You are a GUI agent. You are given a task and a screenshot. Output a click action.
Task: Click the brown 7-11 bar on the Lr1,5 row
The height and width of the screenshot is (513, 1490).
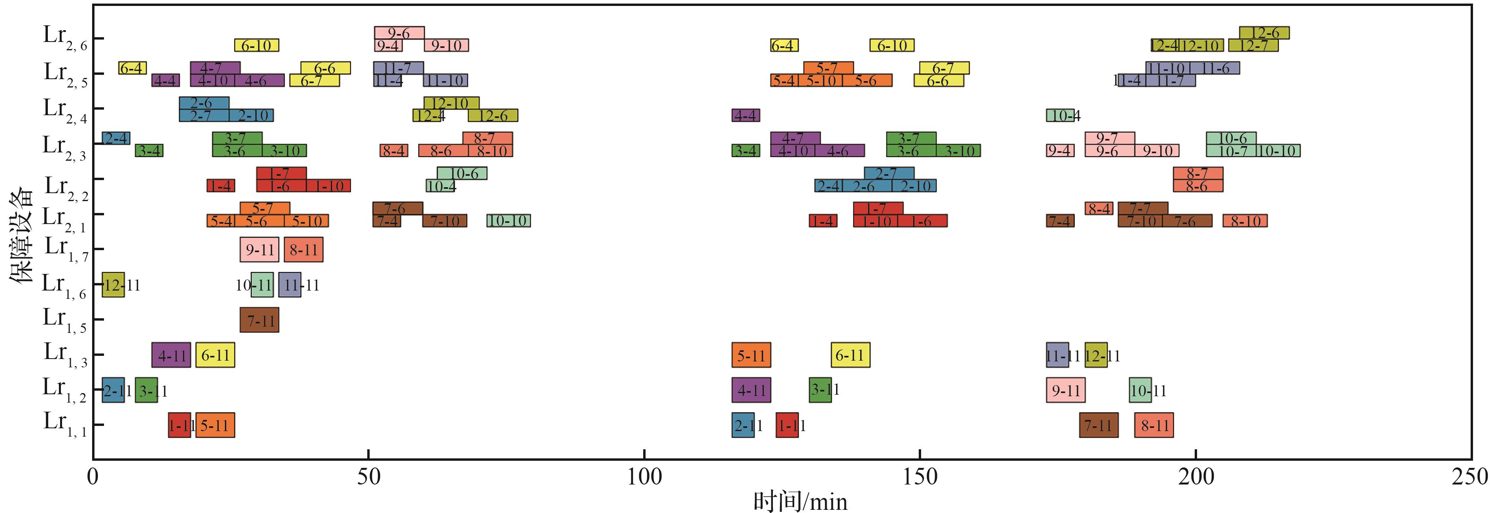[x=259, y=319]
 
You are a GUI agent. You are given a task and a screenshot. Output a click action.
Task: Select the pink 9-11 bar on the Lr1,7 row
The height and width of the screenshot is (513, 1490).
[x=259, y=249]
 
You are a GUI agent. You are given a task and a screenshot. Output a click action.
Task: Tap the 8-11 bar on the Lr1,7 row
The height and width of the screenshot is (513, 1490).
[x=303, y=249]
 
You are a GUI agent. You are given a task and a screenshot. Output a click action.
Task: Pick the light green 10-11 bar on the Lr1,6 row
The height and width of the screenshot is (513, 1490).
[x=262, y=285]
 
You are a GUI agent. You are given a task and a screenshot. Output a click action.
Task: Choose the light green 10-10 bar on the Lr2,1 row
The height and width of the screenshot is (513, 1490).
[x=508, y=220]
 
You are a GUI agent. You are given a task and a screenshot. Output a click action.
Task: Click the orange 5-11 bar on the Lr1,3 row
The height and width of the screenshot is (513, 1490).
[x=751, y=355]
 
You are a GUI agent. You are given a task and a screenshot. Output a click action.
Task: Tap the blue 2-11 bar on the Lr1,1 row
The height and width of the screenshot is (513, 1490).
[x=743, y=425]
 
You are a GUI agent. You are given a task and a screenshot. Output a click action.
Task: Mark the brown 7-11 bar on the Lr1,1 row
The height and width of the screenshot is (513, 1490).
[x=1098, y=425]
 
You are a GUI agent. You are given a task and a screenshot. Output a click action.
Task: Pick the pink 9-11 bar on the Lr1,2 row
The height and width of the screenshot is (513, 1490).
[x=1065, y=390]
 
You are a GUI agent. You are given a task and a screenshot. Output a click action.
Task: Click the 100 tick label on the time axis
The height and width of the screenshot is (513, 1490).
[x=644, y=477]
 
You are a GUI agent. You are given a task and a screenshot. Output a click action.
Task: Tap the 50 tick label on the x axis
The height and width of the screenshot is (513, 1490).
[x=368, y=477]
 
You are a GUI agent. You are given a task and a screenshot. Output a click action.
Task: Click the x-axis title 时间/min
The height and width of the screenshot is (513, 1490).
[x=801, y=501]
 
